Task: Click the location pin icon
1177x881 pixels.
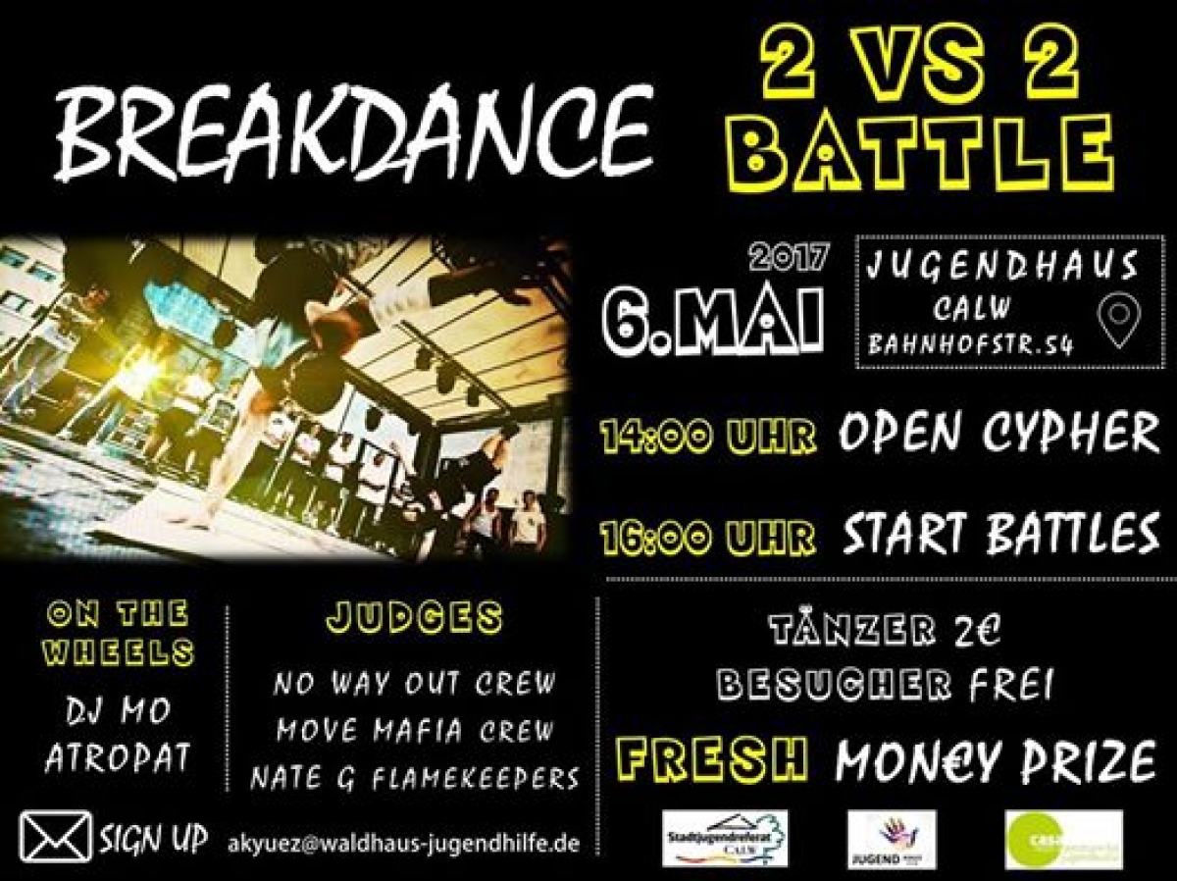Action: pos(1117,324)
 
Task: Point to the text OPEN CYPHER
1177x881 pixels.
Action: pos(998,433)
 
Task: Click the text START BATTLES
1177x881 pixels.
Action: pos(1000,534)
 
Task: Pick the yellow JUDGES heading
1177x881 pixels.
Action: pos(414,618)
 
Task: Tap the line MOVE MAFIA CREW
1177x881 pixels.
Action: pos(415,731)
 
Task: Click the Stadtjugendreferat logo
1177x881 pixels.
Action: pos(725,839)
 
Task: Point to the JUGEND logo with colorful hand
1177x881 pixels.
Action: pos(892,840)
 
